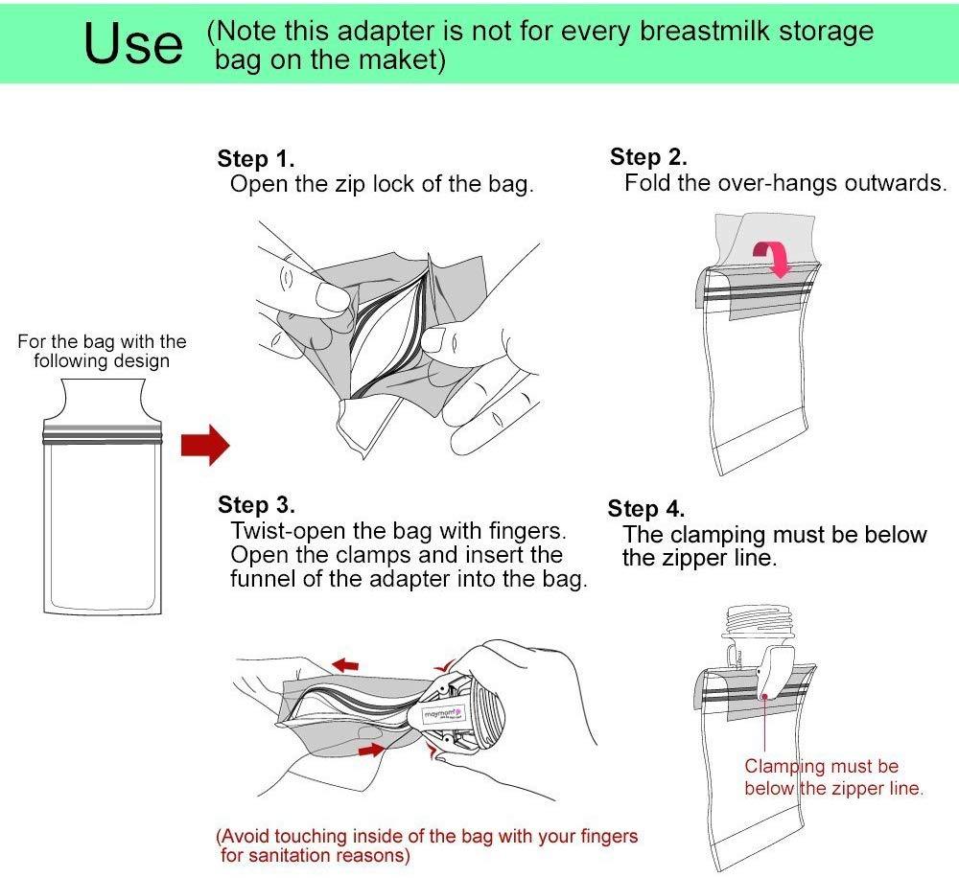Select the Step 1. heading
[256, 158]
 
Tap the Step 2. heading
[648, 157]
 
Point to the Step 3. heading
[256, 504]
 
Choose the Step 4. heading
[646, 509]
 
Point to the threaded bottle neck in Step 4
[758, 625]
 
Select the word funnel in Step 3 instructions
[264, 579]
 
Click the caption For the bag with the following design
[102, 351]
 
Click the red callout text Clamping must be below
[822, 766]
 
